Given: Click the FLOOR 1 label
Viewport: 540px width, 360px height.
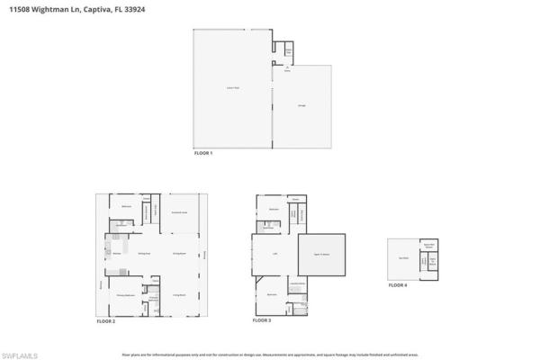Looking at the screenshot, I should [x=203, y=154].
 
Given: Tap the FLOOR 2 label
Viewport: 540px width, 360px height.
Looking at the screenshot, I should [x=106, y=321].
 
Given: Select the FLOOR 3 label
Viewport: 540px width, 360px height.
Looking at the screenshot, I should [x=262, y=320].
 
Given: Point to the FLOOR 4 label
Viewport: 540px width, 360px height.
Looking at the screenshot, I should [x=398, y=284].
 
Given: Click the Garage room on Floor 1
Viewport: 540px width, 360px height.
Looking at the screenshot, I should [x=301, y=106].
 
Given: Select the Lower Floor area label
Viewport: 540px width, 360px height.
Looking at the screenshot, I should [x=231, y=88].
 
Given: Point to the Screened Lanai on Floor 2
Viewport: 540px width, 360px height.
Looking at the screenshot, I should [x=178, y=212].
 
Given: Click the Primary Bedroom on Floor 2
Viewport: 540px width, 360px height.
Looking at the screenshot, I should [x=125, y=294].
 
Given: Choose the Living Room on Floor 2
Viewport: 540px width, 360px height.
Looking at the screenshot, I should [x=179, y=294].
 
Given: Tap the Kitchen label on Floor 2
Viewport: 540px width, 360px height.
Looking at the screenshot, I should [x=117, y=254].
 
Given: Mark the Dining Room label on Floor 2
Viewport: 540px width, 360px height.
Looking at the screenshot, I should [x=178, y=254].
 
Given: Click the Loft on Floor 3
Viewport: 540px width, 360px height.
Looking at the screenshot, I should [x=274, y=255].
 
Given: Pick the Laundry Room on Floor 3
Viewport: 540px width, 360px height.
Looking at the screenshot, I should [x=297, y=284].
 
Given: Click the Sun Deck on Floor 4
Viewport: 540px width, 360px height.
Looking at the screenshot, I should [x=404, y=258].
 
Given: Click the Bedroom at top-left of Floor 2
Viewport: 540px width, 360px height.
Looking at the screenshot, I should [x=126, y=207].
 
